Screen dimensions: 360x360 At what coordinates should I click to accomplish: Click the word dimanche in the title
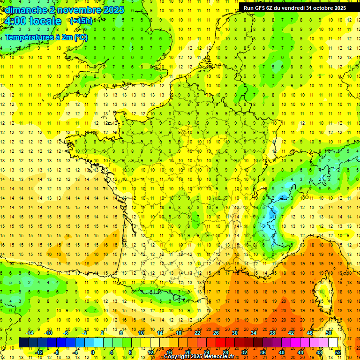(x=25, y=10)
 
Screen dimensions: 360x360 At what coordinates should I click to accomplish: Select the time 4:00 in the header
(x=14, y=22)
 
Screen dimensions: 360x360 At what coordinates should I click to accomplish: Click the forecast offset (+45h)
(x=81, y=21)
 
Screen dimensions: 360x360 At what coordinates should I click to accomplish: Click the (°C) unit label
(x=80, y=37)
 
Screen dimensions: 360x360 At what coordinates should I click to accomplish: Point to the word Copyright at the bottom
(x=177, y=357)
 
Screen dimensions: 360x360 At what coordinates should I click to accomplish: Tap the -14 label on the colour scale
(x=30, y=333)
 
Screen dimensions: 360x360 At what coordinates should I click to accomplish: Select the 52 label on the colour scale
(x=338, y=352)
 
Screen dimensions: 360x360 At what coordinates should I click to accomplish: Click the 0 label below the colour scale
(x=93, y=352)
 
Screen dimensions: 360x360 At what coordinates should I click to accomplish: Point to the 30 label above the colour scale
(x=234, y=333)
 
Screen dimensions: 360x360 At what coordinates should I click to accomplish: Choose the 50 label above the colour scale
(x=329, y=333)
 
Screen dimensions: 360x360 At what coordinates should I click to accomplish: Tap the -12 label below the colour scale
(x=39, y=352)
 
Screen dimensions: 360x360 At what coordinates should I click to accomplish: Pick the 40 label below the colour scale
(x=282, y=352)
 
